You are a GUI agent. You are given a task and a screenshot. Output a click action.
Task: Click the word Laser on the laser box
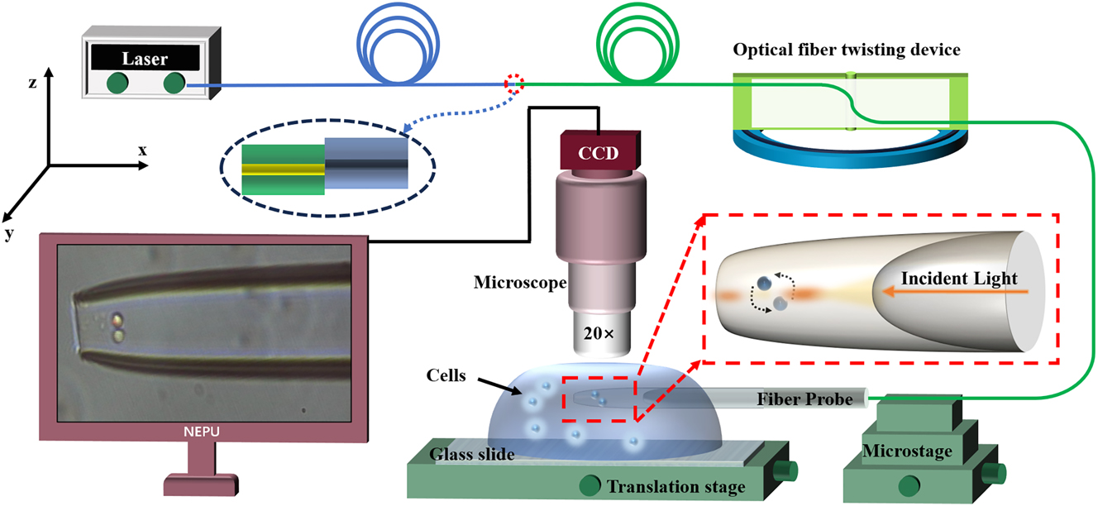[x=145, y=59]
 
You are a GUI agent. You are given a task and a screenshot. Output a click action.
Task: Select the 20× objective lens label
[x=599, y=337]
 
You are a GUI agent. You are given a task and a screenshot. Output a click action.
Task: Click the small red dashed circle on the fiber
[x=514, y=83]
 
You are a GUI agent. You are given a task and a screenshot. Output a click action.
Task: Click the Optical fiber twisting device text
[x=847, y=50]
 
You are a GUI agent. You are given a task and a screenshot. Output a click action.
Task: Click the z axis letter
[x=31, y=83]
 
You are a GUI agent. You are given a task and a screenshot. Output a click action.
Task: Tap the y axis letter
[x=9, y=233]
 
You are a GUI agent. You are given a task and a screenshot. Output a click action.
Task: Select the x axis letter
[x=142, y=150]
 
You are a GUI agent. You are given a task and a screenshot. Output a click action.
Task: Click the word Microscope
[x=519, y=283]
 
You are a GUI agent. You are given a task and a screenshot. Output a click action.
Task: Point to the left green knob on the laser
[x=118, y=83]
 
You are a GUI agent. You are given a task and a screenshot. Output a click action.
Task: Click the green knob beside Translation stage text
[x=590, y=485]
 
